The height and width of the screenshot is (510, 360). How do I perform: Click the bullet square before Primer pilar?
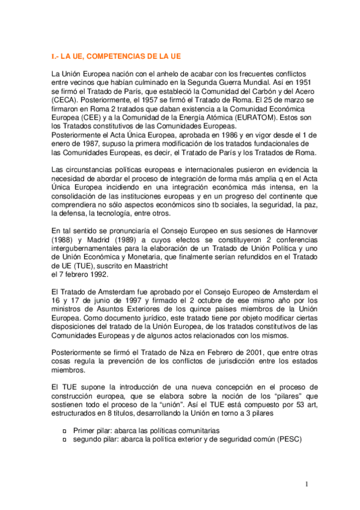[65, 431]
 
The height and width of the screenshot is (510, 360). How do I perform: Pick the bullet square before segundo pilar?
[65, 440]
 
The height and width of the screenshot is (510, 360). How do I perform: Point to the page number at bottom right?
[306, 484]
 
